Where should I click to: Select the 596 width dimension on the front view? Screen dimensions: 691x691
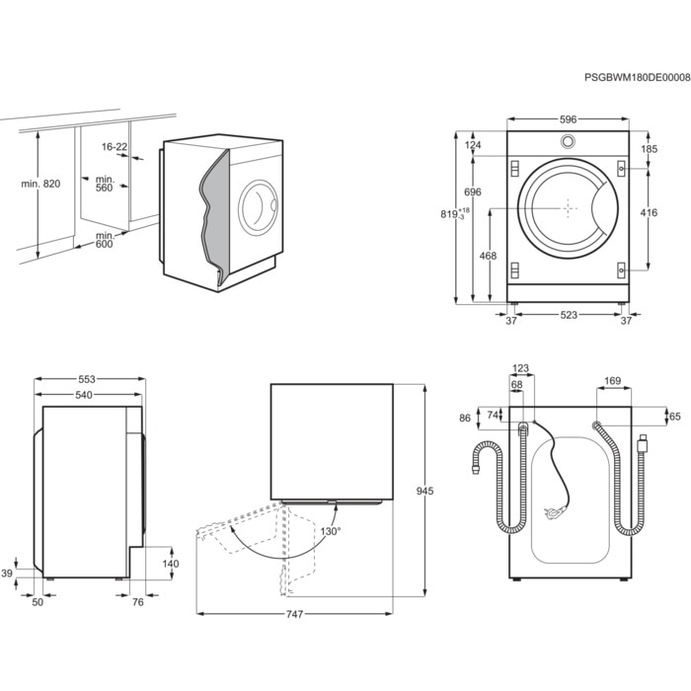[x=568, y=119]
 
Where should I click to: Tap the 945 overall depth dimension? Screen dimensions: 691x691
[x=425, y=491]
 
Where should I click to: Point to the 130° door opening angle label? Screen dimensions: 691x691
[x=330, y=531]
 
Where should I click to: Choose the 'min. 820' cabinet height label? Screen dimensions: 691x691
[x=39, y=185]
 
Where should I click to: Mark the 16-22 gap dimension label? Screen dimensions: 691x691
[x=115, y=147]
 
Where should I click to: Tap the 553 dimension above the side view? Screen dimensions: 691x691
[x=90, y=379]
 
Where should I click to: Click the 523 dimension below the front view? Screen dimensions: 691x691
[x=569, y=316]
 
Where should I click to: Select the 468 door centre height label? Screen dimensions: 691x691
[x=487, y=257]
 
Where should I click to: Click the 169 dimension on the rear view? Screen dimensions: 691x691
[x=611, y=379]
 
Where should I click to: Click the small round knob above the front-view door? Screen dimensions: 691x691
[x=568, y=141]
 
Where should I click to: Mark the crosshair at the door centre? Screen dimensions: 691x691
[x=568, y=208]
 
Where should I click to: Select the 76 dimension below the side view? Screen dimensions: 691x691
[x=138, y=602]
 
